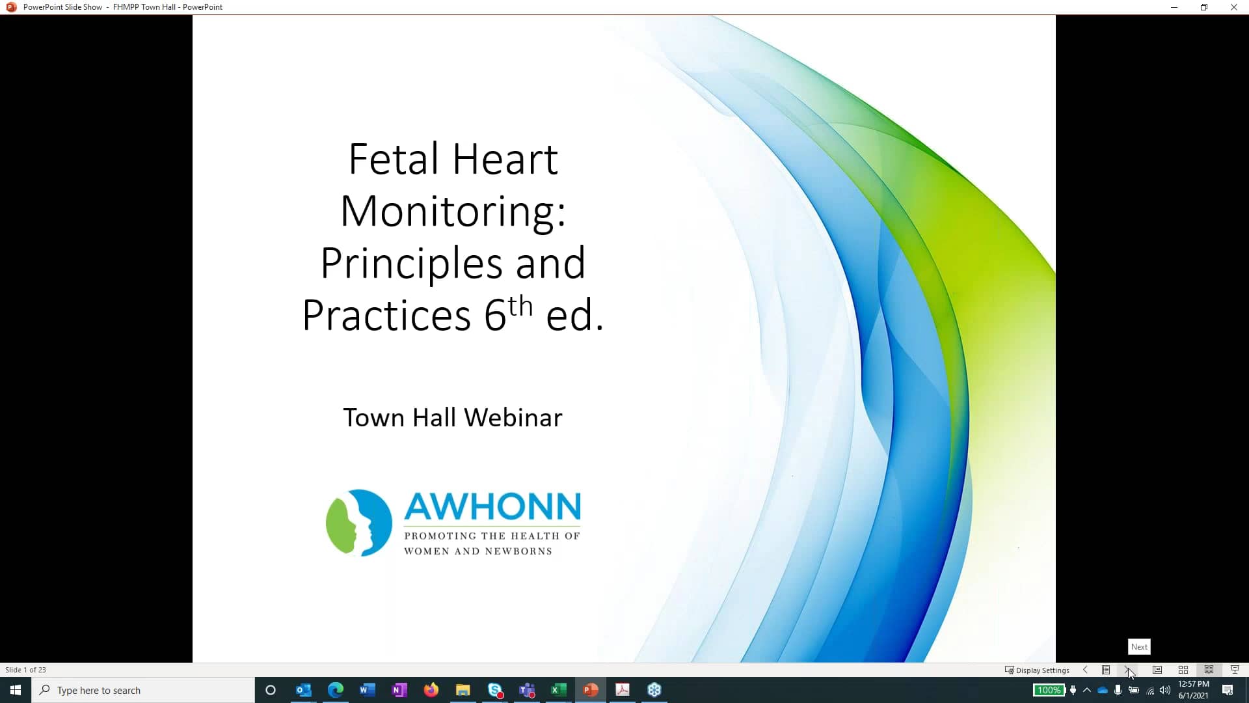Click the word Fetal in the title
tap(393, 159)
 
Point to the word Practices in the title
tap(386, 316)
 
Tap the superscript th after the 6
tap(520, 306)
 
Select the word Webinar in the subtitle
tap(513, 417)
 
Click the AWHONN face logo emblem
tap(358, 523)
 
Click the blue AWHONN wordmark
tap(492, 507)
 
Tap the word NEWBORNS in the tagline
tap(518, 551)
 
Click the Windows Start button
tap(16, 690)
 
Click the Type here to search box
tap(143, 690)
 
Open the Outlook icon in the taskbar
tap(303, 690)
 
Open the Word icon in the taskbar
tap(367, 690)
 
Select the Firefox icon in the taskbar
tap(431, 690)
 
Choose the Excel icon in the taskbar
tap(558, 690)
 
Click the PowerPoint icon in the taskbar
tap(591, 690)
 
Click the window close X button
tap(1233, 7)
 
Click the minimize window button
tap(1174, 7)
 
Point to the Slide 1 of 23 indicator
tap(26, 670)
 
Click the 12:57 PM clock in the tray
tap(1193, 684)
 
